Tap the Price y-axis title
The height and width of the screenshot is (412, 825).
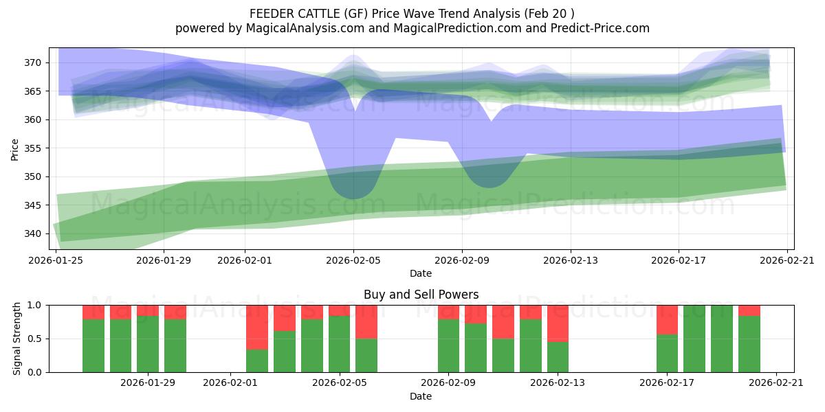click(15, 148)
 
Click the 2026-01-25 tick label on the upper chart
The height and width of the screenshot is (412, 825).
click(56, 260)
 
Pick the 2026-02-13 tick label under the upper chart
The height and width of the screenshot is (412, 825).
click(570, 260)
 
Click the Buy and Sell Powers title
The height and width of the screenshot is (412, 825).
click(421, 295)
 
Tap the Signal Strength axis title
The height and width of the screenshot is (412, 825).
click(17, 338)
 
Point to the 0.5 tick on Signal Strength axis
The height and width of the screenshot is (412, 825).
click(34, 339)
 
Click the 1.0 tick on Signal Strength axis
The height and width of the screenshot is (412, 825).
click(34, 305)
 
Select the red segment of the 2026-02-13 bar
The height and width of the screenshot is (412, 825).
click(558, 323)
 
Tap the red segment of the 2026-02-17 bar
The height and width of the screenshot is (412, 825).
click(667, 319)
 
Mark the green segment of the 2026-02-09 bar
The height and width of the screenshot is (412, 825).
click(448, 346)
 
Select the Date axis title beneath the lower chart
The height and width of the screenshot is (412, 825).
click(421, 396)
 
